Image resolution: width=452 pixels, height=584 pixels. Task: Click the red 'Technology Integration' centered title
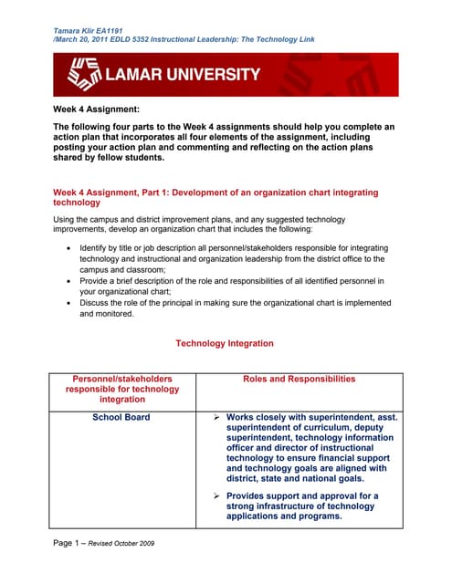click(224, 343)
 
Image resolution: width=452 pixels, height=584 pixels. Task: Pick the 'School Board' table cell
click(121, 417)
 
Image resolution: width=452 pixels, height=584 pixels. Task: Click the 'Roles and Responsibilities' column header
click(300, 379)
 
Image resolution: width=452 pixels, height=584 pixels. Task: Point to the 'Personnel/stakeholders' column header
click(121, 379)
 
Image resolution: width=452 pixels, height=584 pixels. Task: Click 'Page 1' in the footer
click(69, 543)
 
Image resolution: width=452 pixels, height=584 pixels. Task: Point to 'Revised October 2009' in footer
click(121, 544)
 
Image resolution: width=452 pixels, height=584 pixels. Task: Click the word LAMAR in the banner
click(134, 75)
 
